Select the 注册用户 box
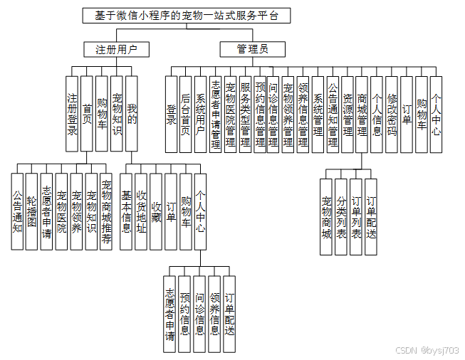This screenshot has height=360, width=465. coord(116,49)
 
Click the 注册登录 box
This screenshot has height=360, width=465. coord(72,114)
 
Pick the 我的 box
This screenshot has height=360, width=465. coord(132,114)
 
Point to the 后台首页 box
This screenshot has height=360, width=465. coord(186,114)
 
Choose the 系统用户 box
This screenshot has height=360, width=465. coord(201,114)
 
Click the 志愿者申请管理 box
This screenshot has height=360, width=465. coord(216,114)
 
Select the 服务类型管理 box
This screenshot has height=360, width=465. coord(246,114)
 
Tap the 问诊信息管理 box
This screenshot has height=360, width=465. coord(273,114)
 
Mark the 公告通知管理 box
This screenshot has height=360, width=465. coord(333,114)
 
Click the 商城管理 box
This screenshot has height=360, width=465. coord(362,114)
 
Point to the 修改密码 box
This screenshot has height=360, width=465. coord(392,114)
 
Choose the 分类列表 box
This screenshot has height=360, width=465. coord(341,217)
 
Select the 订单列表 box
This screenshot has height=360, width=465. coord(356,217)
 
